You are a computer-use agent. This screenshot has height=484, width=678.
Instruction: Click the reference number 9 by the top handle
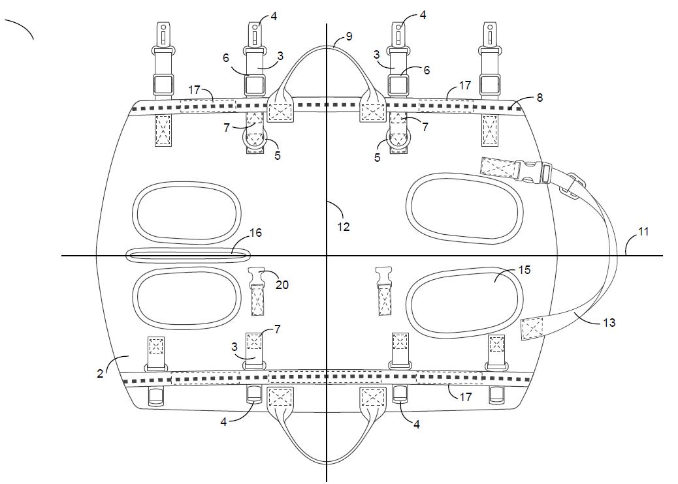tap(349, 37)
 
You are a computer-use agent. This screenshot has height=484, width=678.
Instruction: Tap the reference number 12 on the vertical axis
tap(344, 227)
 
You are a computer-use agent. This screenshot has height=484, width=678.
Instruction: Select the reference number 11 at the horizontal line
tap(643, 232)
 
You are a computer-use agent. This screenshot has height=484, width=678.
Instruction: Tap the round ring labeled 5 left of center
tap(255, 138)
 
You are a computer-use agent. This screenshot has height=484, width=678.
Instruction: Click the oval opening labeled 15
tap(464, 303)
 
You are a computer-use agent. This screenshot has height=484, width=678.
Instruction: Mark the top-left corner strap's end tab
tap(163, 32)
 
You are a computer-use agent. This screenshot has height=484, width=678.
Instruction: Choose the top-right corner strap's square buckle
tap(490, 84)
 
